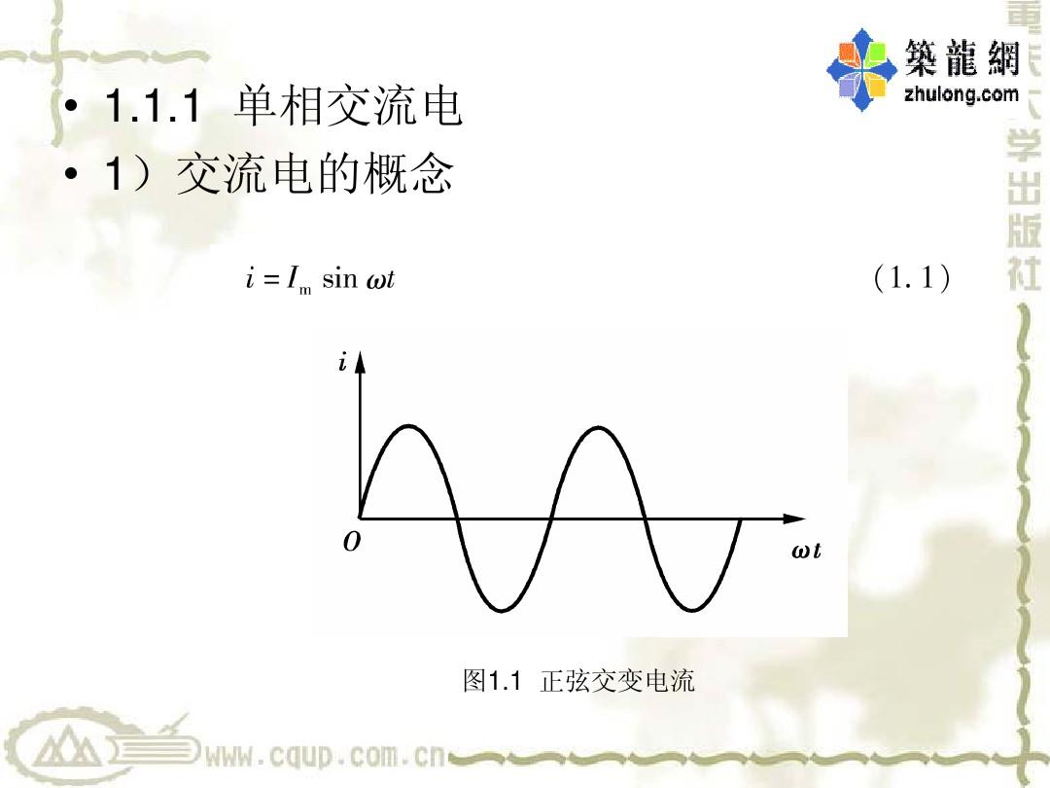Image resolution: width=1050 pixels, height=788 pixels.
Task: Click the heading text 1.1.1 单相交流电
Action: [x=283, y=105]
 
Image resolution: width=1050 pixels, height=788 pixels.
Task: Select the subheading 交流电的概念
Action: [x=315, y=172]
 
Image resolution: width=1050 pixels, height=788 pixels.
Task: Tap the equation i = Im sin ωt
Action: [x=320, y=279]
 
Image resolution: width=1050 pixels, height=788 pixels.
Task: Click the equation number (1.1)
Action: [x=911, y=277]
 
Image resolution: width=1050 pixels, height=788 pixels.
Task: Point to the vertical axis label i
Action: [x=343, y=363]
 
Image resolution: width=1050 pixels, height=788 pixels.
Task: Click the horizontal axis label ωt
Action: [x=806, y=551]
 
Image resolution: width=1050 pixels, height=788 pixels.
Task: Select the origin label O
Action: [x=352, y=542]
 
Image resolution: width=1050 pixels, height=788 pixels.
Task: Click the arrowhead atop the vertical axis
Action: [x=361, y=361]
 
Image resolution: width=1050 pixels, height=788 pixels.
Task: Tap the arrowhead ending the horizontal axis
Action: [x=794, y=518]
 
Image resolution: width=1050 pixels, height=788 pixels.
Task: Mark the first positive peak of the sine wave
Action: [x=409, y=425]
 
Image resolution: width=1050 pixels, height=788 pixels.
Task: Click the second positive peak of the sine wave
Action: [x=598, y=426]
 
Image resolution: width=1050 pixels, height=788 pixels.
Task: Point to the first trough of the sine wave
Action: [x=502, y=610]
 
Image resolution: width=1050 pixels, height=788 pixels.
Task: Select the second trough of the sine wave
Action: [x=692, y=610]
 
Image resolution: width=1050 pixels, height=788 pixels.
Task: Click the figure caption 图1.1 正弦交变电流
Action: [x=578, y=681]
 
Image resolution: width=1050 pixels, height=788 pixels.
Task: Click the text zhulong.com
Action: [x=962, y=93]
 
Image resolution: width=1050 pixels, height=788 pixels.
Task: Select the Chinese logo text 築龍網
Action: [x=962, y=56]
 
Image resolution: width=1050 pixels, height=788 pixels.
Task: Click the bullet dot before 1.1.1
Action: [x=70, y=107]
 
